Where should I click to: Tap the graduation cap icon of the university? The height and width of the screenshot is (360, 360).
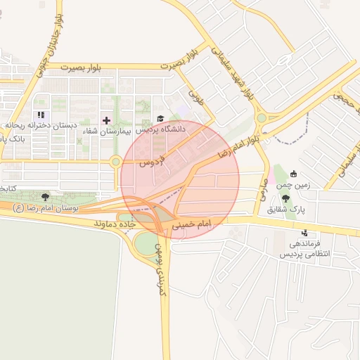160,119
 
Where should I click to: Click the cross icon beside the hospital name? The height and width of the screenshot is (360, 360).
106,120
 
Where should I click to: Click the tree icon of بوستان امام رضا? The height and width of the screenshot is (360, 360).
46,197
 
